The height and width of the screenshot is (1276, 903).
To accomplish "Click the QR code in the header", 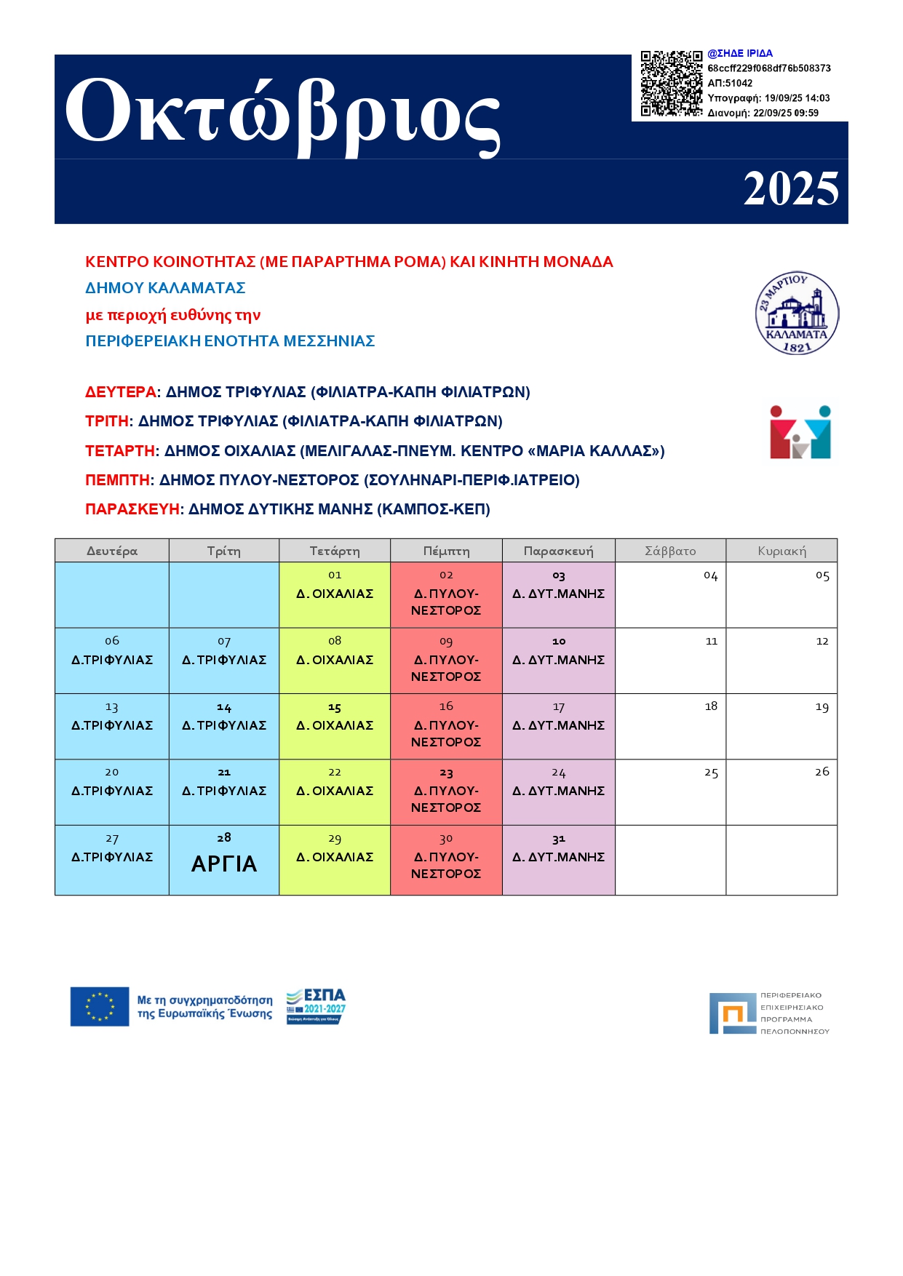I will click(670, 83).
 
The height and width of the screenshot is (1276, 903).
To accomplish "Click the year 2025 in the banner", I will click(790, 189).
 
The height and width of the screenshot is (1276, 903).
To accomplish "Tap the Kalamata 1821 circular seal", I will click(797, 314).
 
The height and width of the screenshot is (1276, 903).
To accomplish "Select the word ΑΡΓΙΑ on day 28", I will click(224, 864).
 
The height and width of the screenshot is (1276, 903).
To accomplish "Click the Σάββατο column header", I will click(670, 551).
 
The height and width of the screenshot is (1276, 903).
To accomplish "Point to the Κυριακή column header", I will click(781, 551).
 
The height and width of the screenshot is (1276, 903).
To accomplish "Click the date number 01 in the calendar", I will click(335, 575).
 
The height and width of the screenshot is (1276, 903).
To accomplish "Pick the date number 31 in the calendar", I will click(558, 839).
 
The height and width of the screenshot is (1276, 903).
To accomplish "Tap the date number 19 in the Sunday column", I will click(822, 706).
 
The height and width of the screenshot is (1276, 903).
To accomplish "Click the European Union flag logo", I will click(100, 1006).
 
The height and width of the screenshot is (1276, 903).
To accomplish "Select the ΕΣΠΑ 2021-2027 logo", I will click(316, 1006).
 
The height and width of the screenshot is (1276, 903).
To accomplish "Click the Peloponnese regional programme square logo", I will click(733, 1013).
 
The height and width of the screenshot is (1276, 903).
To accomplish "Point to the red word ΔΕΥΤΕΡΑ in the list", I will click(121, 392).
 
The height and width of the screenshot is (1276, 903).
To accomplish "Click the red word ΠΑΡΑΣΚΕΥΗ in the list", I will click(132, 509).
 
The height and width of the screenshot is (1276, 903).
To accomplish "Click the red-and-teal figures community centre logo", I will click(800, 432).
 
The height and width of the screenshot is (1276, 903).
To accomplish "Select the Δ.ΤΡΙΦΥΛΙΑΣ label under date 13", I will click(112, 725).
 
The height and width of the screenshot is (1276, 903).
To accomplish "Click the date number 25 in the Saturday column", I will click(711, 773).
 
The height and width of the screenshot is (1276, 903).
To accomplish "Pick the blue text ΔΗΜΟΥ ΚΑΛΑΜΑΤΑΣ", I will click(165, 288).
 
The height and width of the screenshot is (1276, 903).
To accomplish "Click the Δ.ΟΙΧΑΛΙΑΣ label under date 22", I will click(335, 791).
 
